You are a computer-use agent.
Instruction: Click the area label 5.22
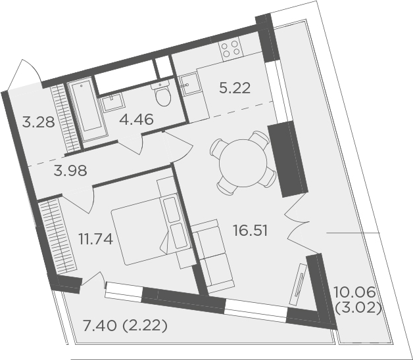(x=234, y=88)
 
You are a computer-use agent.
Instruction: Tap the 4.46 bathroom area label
(x=136, y=120)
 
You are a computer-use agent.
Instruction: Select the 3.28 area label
(x=38, y=122)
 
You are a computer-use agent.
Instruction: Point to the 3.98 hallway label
(x=70, y=171)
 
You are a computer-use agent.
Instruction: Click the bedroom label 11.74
(x=96, y=240)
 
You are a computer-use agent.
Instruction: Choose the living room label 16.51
(x=250, y=231)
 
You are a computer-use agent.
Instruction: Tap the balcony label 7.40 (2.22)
(x=125, y=326)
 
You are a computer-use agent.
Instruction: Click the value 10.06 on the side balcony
(x=354, y=292)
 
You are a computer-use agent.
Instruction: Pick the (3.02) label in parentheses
(x=358, y=308)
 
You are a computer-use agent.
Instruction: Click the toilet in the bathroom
(x=162, y=94)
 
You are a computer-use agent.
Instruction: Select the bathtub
(x=87, y=108)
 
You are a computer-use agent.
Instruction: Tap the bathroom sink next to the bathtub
(x=112, y=102)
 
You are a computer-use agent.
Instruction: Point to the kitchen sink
(x=189, y=83)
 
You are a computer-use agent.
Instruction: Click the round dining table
(x=243, y=163)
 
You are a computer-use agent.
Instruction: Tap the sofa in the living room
(x=212, y=254)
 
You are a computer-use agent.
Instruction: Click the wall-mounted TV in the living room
(x=299, y=284)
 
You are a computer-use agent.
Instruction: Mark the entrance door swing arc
(x=25, y=70)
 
